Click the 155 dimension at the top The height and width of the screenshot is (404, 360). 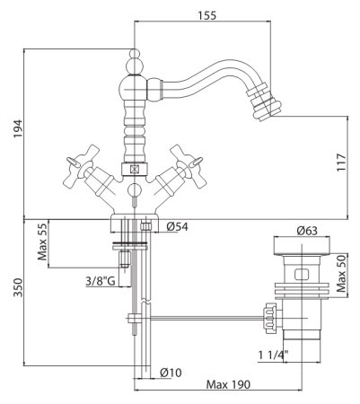point(206,15)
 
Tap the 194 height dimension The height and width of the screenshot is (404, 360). point(18,128)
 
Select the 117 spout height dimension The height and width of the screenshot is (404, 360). point(341,162)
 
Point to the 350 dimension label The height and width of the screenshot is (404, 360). point(18,287)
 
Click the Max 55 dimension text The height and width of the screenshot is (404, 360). point(42,242)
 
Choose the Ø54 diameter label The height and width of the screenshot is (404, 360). point(178,227)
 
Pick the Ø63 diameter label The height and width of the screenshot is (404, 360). point(307,231)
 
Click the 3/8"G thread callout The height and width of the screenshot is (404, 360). point(101,281)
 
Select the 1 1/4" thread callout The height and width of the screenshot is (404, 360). point(273,355)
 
